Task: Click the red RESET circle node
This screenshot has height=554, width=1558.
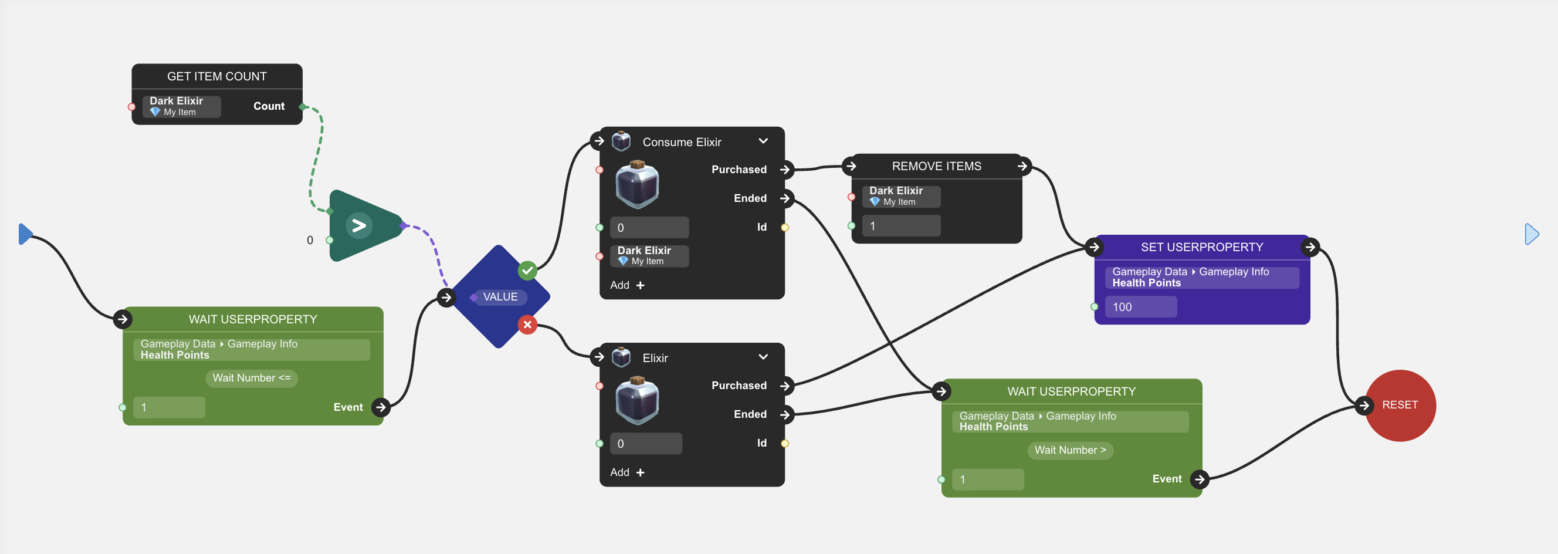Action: point(1400,405)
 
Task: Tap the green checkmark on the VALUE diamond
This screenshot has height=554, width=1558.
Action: point(527,271)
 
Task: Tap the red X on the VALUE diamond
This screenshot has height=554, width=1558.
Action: point(527,325)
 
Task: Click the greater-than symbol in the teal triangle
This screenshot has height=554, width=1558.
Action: point(359,225)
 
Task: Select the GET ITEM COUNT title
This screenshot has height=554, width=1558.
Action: point(216,76)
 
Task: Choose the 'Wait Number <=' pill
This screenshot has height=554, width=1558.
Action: point(252,378)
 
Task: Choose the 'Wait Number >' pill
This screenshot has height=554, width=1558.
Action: point(1070,450)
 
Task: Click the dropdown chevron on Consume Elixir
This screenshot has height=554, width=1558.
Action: point(763,141)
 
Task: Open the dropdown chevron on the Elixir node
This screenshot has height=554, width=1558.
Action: point(763,357)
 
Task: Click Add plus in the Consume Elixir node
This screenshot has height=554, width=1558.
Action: point(627,285)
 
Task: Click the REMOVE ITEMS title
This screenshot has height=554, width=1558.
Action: point(936,166)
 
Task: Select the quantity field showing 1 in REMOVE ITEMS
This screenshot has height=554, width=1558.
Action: point(900,226)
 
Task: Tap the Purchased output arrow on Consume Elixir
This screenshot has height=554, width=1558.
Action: point(785,170)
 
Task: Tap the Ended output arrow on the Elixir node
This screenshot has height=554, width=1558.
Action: point(785,414)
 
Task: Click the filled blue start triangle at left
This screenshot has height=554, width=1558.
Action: point(25,234)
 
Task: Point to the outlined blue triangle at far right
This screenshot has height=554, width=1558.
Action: point(1532,234)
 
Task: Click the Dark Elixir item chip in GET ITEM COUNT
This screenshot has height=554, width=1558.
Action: point(181,106)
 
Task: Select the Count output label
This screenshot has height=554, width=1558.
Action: point(269,106)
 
